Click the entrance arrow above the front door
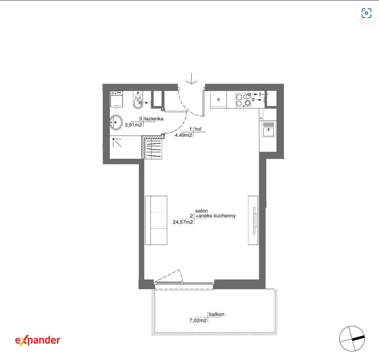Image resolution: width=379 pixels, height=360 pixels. point(192,79)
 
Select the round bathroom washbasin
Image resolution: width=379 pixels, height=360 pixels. point(116,122)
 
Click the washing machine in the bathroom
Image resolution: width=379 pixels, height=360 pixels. point(116,99)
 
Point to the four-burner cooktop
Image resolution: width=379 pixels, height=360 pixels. point(244,100)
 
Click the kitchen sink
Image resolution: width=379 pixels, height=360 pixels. point(268,129)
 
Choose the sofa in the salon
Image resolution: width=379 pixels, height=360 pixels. point(156,220)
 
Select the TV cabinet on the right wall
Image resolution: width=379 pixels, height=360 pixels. point(253,220)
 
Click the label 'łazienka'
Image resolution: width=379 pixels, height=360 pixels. point(154,119)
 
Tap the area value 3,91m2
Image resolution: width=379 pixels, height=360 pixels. point(134,125)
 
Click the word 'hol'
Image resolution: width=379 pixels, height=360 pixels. point(198,129)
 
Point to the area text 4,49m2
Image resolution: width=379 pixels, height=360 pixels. point(184,135)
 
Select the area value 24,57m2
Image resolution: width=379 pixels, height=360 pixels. point(183,222)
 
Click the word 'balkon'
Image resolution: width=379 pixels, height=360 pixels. point(217,314)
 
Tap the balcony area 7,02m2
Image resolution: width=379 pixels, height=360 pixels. point(198,320)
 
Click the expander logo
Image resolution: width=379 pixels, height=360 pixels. point(38,340)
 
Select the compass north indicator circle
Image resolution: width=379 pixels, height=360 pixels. point(352,338)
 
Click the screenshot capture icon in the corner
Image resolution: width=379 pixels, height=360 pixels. point(366,13)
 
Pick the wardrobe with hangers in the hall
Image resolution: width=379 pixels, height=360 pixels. point(153,149)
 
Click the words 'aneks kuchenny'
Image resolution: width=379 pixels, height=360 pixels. point(216,216)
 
